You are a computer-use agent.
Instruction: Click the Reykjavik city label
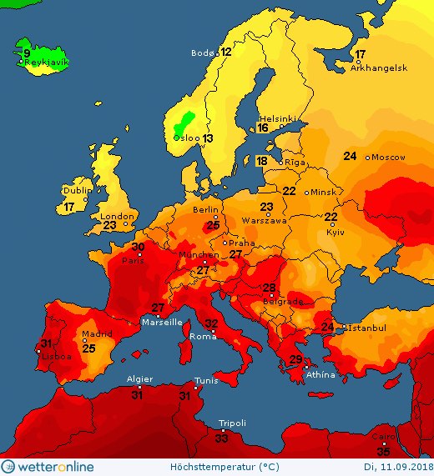coord(47,62)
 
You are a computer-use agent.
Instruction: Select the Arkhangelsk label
coord(378,68)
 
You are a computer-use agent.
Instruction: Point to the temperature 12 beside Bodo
coord(226,52)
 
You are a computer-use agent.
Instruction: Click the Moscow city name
coord(387,157)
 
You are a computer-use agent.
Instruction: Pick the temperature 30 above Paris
coord(139,248)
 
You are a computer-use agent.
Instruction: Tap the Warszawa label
coord(265,221)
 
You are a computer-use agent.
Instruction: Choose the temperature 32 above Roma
coord(212,323)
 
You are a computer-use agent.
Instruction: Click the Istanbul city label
coord(366,328)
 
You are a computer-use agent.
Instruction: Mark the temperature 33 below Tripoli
coord(222,438)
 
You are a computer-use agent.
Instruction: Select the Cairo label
coord(381,436)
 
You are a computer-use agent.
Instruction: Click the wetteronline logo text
coord(55,467)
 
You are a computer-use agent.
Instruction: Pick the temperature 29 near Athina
coord(295,359)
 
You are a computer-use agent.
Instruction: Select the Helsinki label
coord(278,118)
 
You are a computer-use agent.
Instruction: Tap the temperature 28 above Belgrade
coord(269,288)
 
